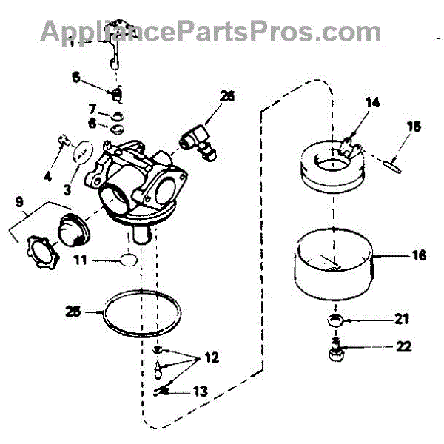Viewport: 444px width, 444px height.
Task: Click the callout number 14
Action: click(372, 103)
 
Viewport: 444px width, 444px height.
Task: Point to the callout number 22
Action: click(403, 346)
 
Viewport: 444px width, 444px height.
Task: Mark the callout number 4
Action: click(48, 177)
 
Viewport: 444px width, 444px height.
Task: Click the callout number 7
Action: click(93, 110)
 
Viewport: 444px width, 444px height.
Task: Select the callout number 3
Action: click(67, 190)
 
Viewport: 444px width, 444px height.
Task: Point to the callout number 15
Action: click(411, 127)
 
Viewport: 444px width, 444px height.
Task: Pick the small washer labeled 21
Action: click(335, 320)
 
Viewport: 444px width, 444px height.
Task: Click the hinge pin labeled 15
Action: click(388, 164)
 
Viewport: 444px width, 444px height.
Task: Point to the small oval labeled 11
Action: click(128, 260)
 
